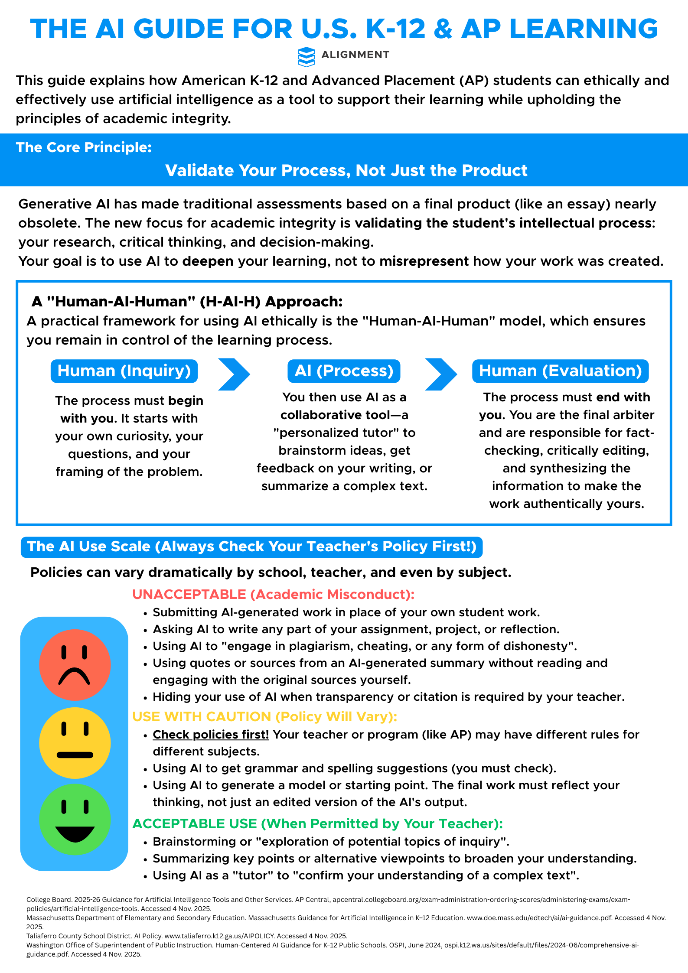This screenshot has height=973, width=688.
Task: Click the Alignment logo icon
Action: pos(306,56)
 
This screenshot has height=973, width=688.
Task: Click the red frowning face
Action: pos(75,664)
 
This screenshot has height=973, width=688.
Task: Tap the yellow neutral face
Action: pos(75,742)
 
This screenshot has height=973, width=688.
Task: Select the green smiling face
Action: pos(75,819)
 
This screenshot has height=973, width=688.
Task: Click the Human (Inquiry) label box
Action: pos(124,371)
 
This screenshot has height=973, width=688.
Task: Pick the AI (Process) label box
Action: pos(344,371)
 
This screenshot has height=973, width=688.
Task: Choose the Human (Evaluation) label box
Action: pos(560,371)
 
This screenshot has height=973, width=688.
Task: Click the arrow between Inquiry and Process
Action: pos(234,374)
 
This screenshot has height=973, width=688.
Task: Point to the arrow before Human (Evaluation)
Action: pos(441,374)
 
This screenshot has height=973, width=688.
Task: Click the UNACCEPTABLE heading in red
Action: pos(273,594)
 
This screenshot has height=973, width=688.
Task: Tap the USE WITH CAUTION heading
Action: pos(264,716)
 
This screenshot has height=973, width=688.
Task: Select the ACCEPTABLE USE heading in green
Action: pos(317,823)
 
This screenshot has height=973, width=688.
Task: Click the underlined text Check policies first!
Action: pos(211,735)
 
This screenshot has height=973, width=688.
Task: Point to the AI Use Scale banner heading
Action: pos(251,547)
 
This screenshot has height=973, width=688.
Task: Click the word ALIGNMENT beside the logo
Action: pos(355,55)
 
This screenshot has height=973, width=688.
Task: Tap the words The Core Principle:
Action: pos(84,147)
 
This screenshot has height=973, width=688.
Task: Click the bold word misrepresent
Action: pos(424,261)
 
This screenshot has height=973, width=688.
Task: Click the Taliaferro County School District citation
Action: pos(186,936)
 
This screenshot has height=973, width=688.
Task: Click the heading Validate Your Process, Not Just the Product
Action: pos(346,170)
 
